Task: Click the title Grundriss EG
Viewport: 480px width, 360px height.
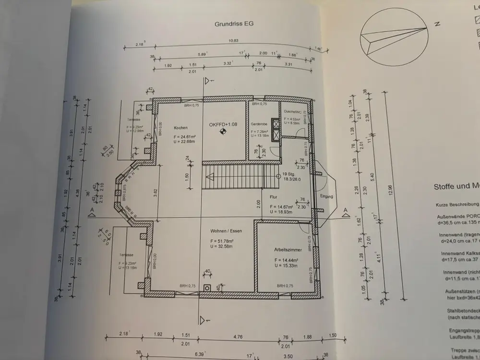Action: tap(234, 23)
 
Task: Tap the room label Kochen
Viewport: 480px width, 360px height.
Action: tap(180, 128)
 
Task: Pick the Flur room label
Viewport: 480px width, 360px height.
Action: tap(273, 197)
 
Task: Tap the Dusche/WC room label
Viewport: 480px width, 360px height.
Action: tap(292, 111)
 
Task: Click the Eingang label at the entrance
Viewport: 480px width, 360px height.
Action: tap(326, 196)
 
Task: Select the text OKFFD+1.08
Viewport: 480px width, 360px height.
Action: tap(223, 124)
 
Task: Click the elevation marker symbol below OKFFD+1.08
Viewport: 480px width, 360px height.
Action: tap(223, 134)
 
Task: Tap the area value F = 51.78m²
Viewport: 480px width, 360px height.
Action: tap(221, 241)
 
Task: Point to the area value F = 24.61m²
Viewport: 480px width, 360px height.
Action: tap(184, 136)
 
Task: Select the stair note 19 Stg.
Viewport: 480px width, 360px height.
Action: tap(288, 174)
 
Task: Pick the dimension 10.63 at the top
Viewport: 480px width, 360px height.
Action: tap(233, 40)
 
